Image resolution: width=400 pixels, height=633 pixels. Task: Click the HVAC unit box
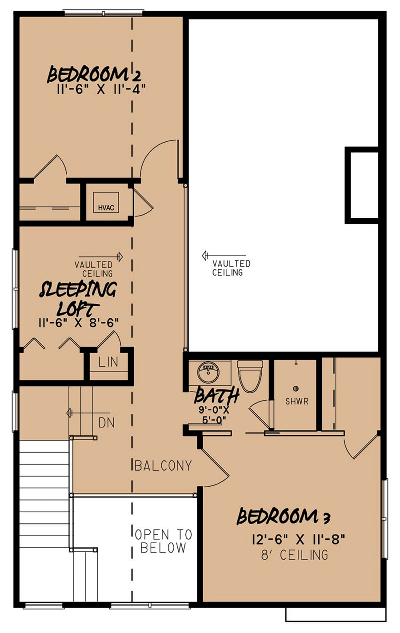(x=106, y=202)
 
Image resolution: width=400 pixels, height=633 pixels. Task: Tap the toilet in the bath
(x=250, y=376)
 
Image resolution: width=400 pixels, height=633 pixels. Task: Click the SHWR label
(x=296, y=401)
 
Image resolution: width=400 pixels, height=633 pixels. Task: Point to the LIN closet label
(x=108, y=362)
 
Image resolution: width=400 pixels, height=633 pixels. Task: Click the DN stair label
(x=107, y=423)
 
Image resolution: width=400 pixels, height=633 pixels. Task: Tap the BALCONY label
(x=163, y=466)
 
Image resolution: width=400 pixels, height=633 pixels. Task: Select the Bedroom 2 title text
(x=94, y=74)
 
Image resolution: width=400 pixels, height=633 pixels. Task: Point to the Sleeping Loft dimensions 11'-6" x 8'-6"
(x=78, y=322)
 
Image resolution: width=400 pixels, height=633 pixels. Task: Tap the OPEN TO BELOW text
(x=163, y=541)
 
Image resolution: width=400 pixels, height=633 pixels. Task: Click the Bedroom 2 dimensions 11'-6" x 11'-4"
(x=101, y=90)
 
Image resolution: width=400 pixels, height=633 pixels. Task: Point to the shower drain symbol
(x=296, y=389)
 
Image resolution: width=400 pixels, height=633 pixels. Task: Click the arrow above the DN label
(x=88, y=413)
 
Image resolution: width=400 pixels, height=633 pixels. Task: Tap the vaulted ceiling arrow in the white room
(x=224, y=256)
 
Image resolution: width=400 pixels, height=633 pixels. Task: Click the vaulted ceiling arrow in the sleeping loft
(x=100, y=256)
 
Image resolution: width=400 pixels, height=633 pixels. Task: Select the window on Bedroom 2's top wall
(x=103, y=13)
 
